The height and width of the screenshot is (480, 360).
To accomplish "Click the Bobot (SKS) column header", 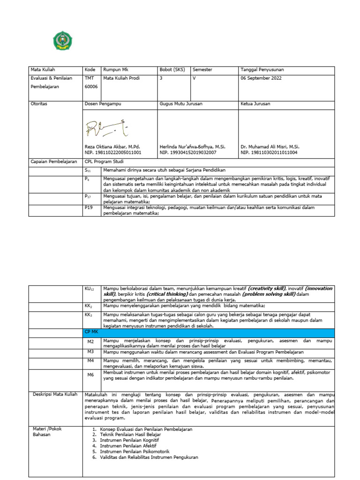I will [172, 70].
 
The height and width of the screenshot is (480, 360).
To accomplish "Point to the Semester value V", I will [194, 78].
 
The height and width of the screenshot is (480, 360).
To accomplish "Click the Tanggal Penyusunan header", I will [262, 70].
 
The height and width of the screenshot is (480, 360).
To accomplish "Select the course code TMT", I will [89, 78].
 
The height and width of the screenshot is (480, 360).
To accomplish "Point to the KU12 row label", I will [90, 289].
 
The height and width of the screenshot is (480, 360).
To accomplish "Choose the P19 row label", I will [89, 207].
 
